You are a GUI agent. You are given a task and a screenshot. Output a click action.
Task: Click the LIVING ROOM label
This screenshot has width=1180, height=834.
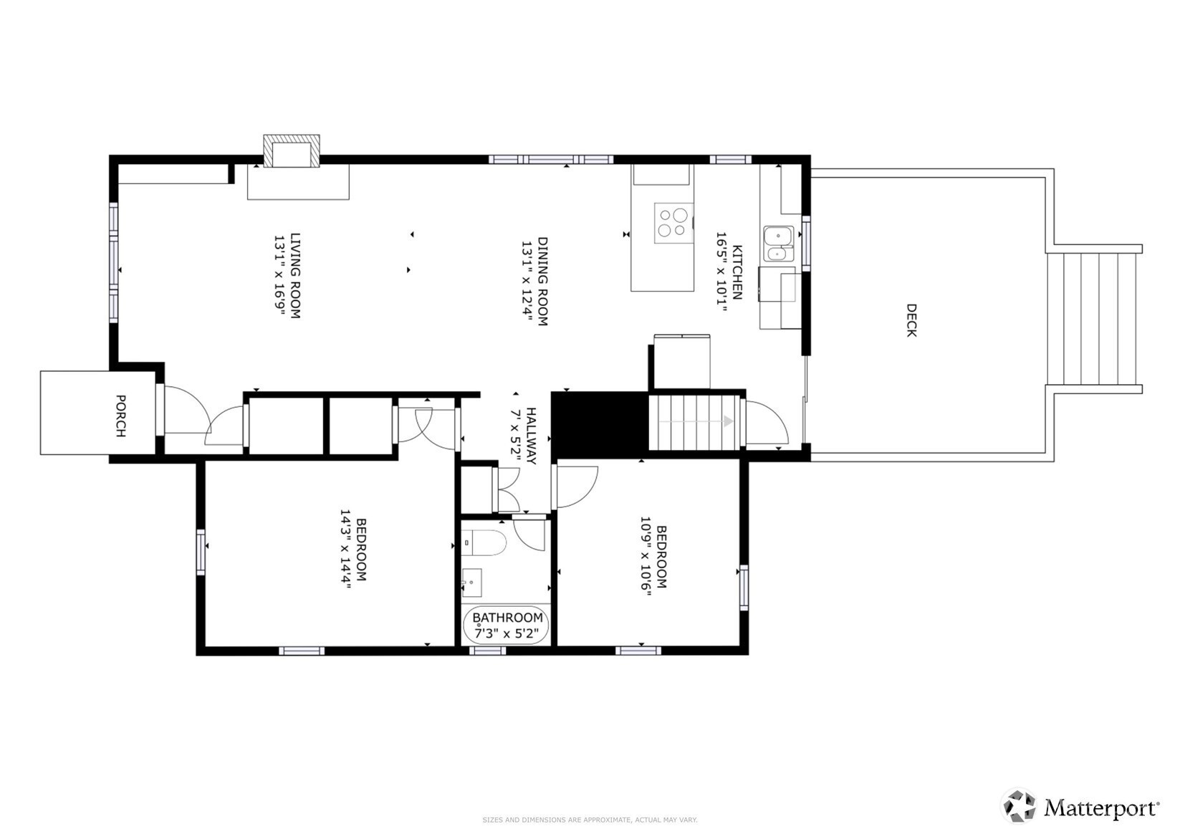pyautogui.click(x=295, y=276)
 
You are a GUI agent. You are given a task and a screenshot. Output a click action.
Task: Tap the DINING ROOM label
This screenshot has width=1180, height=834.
pyautogui.click(x=542, y=282)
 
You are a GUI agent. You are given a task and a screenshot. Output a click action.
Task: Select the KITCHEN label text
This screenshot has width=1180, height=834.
pyautogui.click(x=737, y=272)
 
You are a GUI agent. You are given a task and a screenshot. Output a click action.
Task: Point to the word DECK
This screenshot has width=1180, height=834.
pyautogui.click(x=911, y=320)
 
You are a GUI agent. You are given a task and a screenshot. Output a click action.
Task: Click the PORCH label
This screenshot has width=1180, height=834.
pyautogui.click(x=120, y=416)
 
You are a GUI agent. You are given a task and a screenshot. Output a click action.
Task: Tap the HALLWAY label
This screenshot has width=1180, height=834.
pyautogui.click(x=531, y=436)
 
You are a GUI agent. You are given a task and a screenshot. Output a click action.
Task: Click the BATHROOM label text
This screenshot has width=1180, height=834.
pyautogui.click(x=507, y=618)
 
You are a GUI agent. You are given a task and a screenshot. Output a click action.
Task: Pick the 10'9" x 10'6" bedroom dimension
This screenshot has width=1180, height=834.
pyautogui.click(x=646, y=556)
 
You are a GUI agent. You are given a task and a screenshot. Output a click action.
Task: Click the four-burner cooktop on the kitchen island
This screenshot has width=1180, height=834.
pyautogui.click(x=673, y=223)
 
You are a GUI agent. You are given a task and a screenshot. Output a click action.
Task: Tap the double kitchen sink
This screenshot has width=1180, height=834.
pyautogui.click(x=779, y=244)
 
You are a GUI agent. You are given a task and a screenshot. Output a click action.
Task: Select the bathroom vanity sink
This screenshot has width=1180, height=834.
pyautogui.click(x=472, y=583)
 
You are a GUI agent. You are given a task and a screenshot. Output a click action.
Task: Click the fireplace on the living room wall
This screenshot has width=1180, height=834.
pyautogui.click(x=292, y=151)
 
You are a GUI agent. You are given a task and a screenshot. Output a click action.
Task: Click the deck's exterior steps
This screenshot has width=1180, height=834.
pyautogui.click(x=1091, y=320)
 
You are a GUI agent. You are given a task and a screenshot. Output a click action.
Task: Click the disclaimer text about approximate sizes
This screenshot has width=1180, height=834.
pyautogui.click(x=590, y=820)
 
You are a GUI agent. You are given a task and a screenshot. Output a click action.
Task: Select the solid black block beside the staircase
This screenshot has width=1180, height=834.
pyautogui.click(x=600, y=425)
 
